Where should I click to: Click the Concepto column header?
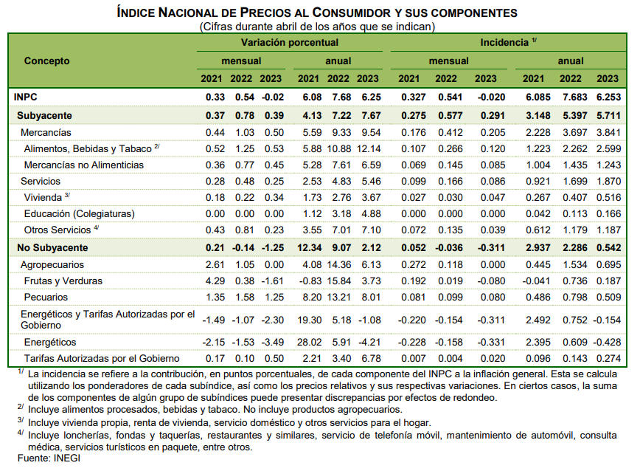click(46, 61)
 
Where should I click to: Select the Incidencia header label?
click(504, 43)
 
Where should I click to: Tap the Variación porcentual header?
click(289, 43)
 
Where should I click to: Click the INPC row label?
click(25, 97)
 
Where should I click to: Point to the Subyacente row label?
click(44, 116)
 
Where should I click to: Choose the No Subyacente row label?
click(52, 247)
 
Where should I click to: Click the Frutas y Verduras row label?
click(63, 281)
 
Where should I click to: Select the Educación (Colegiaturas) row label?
click(79, 213)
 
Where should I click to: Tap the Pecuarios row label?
click(46, 297)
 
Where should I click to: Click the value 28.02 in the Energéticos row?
click(309, 342)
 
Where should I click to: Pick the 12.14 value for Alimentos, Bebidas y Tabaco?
click(369, 148)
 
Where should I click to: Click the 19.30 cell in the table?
click(309, 320)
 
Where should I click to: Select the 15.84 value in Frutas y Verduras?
click(338, 281)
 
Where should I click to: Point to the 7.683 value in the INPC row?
click(574, 97)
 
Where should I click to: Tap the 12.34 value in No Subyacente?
click(309, 247)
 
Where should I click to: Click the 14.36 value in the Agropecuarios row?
click(338, 264)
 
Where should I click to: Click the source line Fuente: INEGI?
click(49, 458)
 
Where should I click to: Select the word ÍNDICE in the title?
click(136, 13)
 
